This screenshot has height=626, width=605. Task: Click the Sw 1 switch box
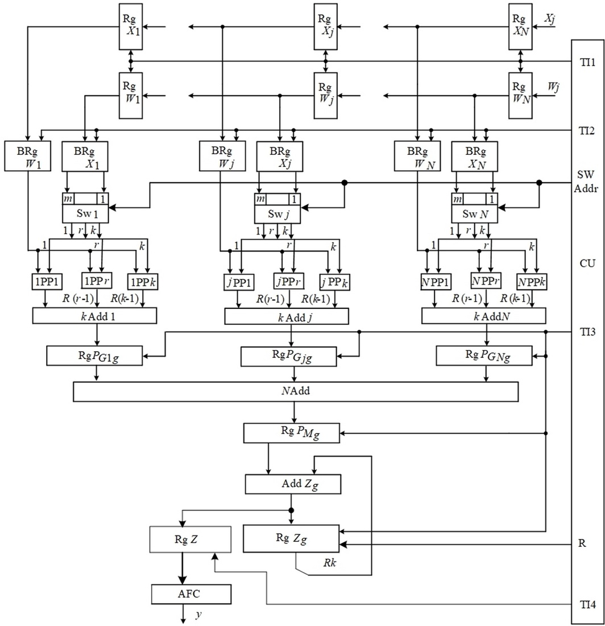pos(85,214)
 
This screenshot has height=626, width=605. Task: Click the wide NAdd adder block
pos(296,392)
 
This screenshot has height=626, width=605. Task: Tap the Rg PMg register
pos(291,433)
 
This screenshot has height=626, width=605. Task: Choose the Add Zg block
pos(293,484)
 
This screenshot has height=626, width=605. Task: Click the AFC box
pos(192,594)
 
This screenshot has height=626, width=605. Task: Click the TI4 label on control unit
pos(587,604)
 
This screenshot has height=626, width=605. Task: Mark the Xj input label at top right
pos(550,19)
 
